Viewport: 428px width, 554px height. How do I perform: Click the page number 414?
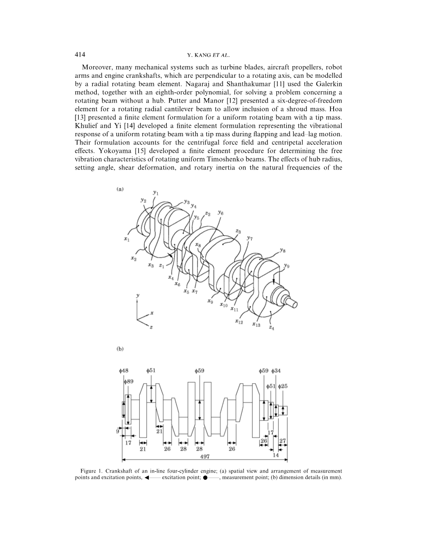[x=80, y=54]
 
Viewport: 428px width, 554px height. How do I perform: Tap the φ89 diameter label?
[x=129, y=382]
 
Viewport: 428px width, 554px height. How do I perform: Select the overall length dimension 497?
[x=205, y=456]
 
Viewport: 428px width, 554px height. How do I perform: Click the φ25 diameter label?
[x=283, y=386]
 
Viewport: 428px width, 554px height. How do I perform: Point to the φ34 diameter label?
[x=276, y=371]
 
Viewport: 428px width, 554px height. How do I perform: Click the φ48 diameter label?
[x=124, y=371]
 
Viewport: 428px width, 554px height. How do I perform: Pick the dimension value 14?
[x=276, y=455]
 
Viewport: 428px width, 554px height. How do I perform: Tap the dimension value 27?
[x=283, y=441]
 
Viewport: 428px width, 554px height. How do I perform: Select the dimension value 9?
[x=117, y=431]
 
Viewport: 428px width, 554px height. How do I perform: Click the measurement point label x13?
[x=256, y=324]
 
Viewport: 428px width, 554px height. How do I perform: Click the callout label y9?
[x=287, y=266]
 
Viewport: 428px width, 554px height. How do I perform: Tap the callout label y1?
[x=156, y=193]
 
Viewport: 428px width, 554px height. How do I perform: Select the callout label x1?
[x=127, y=239]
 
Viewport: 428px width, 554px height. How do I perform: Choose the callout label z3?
[x=238, y=231]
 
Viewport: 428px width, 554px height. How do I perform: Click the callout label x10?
[x=223, y=305]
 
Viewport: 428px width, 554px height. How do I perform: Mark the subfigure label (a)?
[x=120, y=189]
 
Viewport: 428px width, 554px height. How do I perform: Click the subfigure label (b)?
[x=120, y=349]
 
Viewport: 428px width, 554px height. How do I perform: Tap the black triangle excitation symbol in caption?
[x=147, y=478]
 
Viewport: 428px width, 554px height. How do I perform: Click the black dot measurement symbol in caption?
[x=205, y=478]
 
